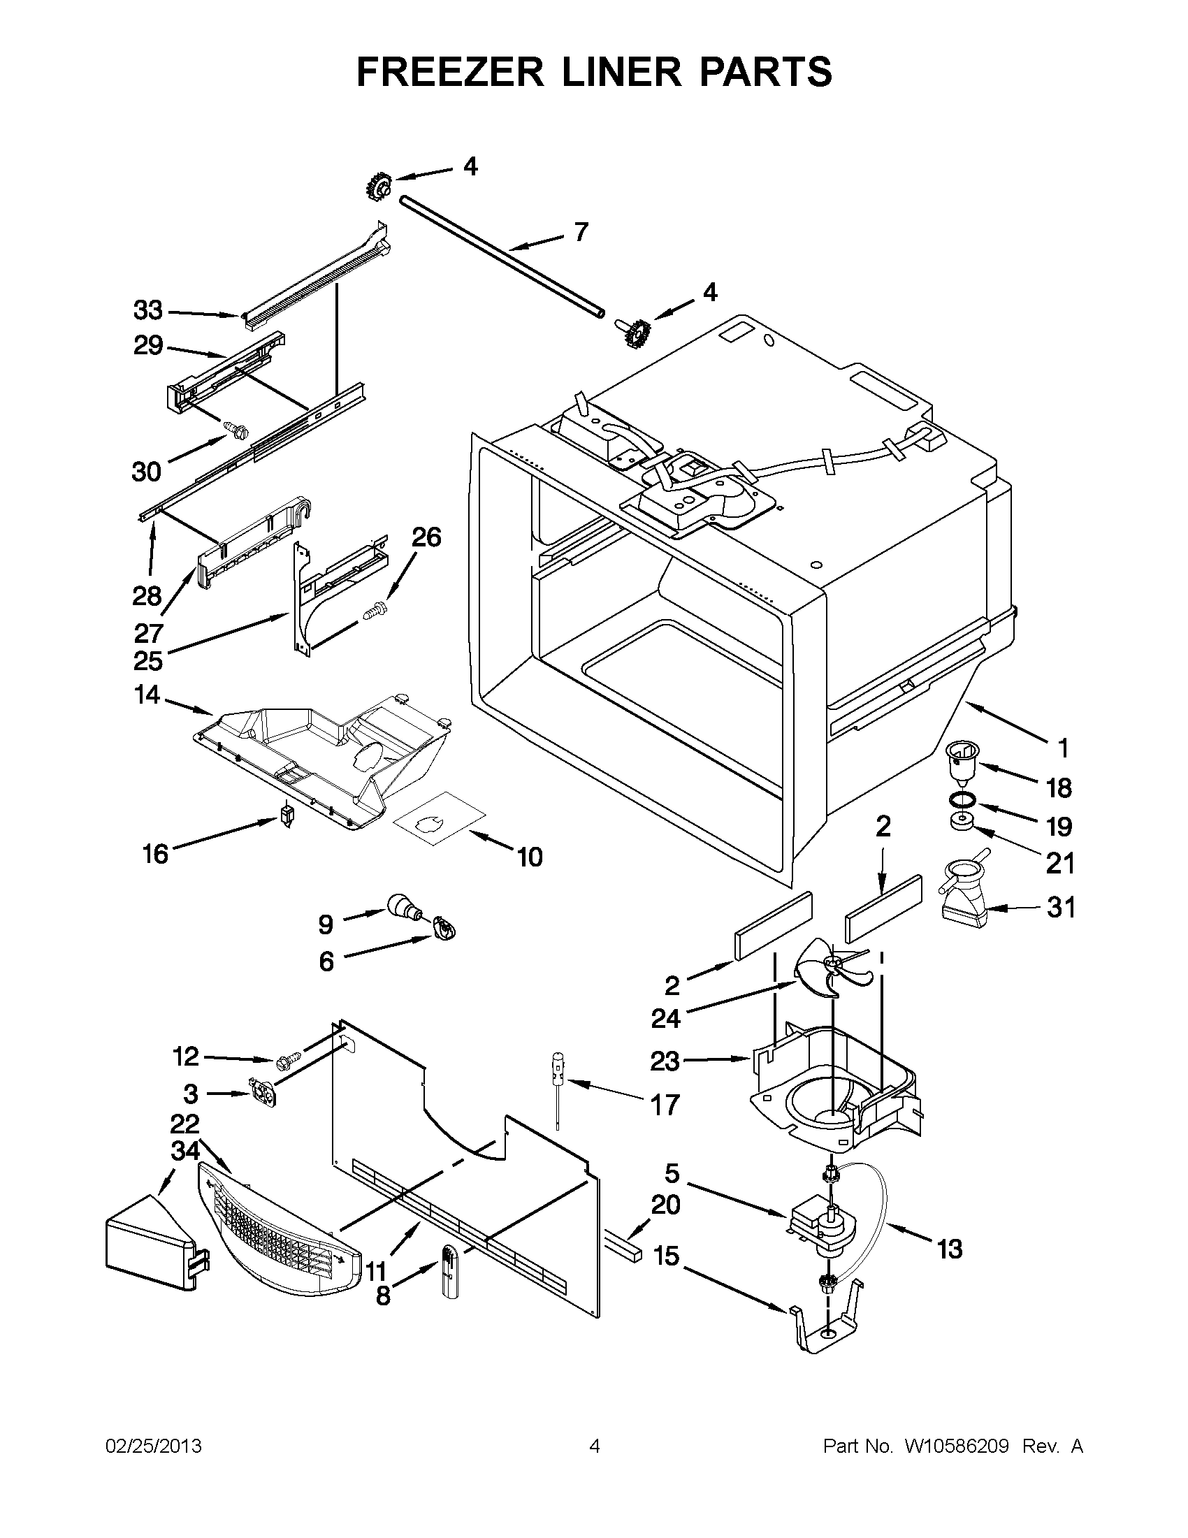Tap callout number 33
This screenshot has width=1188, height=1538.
click(148, 310)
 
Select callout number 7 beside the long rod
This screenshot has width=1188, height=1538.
click(581, 232)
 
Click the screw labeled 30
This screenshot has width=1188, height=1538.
click(233, 427)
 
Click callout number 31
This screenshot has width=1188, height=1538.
click(1061, 908)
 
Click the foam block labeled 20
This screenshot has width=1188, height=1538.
click(621, 1247)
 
